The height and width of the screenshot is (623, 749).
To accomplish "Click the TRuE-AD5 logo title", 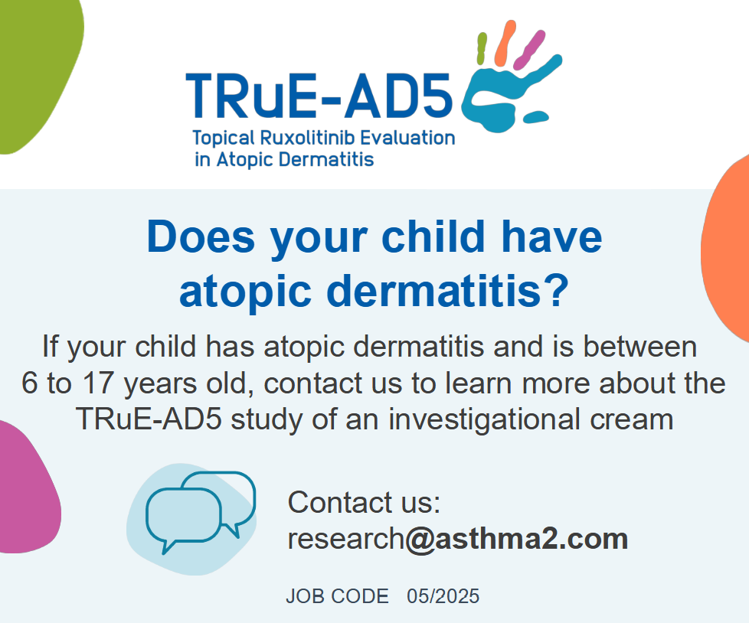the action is [319, 96].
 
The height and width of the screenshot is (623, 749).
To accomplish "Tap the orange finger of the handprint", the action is [505, 43].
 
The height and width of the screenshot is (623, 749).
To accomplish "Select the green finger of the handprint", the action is [482, 48].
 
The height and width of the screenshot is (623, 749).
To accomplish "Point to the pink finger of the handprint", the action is [529, 50].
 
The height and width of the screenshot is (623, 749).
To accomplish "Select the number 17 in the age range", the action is [99, 383].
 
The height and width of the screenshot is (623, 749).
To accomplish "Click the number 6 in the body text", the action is [30, 383].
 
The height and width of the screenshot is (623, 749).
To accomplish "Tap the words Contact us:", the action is [364, 502].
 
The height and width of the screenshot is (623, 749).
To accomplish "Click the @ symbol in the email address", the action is [420, 540].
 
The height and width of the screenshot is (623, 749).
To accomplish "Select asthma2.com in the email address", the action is [531, 539].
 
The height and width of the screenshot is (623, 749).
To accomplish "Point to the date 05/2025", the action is [443, 596].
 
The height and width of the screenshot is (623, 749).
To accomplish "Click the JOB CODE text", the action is [337, 596].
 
